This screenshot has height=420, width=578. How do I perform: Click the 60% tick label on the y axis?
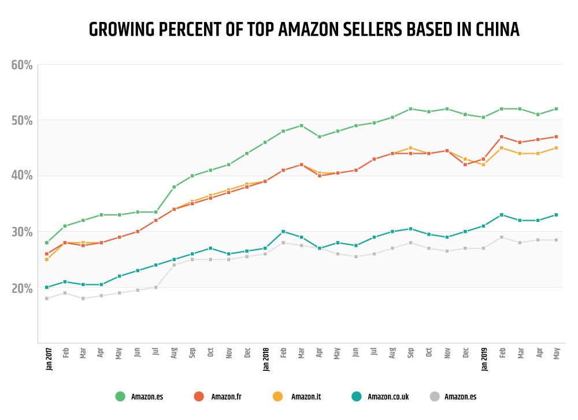(x=22, y=65)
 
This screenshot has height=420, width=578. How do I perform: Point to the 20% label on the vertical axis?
(x=22, y=288)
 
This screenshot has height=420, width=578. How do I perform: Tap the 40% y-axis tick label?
(x=22, y=176)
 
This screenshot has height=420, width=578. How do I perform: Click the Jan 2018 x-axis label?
(x=265, y=358)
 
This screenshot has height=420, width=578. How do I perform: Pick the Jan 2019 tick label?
(x=484, y=358)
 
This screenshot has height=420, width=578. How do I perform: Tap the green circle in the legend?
(x=120, y=396)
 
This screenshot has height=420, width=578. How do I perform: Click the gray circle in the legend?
(x=435, y=396)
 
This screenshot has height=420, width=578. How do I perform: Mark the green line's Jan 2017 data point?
(x=47, y=243)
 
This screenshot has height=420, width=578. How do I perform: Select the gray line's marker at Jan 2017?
(x=47, y=298)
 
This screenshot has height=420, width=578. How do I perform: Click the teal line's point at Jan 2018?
(x=265, y=248)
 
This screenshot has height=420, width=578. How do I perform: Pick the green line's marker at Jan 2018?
(x=265, y=142)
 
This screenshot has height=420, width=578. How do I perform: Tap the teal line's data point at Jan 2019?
(x=484, y=226)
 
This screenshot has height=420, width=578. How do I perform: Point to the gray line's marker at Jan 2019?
(x=484, y=248)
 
